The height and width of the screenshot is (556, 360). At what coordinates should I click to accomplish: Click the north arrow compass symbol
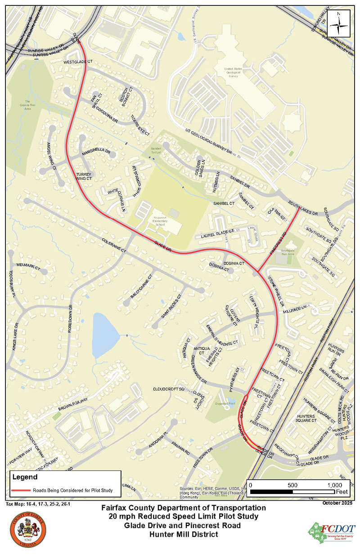[x=339, y=25]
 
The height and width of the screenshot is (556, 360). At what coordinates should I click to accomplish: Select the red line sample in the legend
[x=21, y=490]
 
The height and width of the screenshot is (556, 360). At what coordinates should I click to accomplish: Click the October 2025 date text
[x=337, y=502]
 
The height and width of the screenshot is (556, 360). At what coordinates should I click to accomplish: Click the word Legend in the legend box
[x=23, y=476]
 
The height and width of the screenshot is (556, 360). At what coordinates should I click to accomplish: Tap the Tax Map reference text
[x=38, y=504]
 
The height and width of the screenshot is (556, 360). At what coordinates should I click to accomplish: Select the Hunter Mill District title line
[x=180, y=534]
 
